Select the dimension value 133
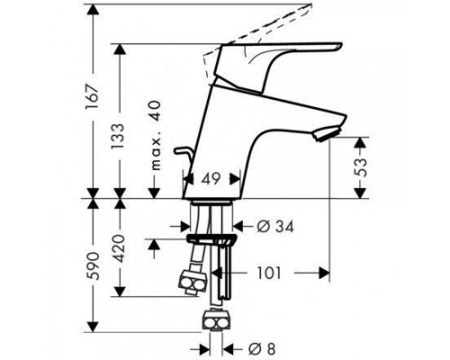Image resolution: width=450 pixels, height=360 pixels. coord(117,136)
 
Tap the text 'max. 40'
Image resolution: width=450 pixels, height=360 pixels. coord(156,136)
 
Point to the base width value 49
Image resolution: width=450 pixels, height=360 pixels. coord(211,179)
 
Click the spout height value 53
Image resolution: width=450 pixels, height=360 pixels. coord(360,167)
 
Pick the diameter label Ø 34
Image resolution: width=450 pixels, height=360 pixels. coord(275,226)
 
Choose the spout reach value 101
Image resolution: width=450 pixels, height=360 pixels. coord(269,273)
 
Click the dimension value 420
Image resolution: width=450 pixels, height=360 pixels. coord(119,248)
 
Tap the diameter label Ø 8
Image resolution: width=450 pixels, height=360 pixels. coord(262,349)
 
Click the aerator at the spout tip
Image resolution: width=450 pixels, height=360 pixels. coord(327,133)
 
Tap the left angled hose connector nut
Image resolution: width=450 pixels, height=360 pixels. coord(193,282)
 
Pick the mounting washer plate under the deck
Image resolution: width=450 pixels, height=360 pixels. coord(211,238)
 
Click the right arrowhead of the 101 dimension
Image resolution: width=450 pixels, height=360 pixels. coord(324,273)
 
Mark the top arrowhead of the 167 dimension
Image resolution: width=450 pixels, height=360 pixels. coord(93,10)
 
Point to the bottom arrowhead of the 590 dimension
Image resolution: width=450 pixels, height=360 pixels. coord(93,327)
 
